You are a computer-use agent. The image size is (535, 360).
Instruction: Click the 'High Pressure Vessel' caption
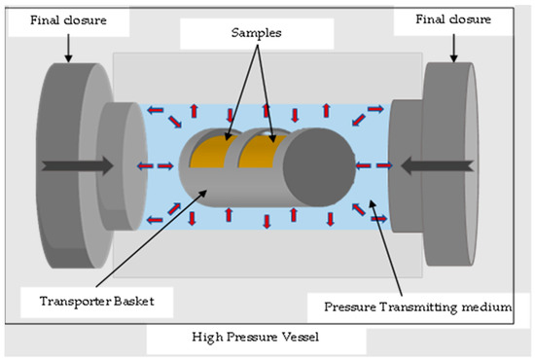click(x=257, y=338)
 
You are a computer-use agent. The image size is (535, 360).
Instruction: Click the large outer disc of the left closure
click(x=58, y=165)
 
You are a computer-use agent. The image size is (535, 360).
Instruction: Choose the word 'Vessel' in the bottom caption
click(x=303, y=338)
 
